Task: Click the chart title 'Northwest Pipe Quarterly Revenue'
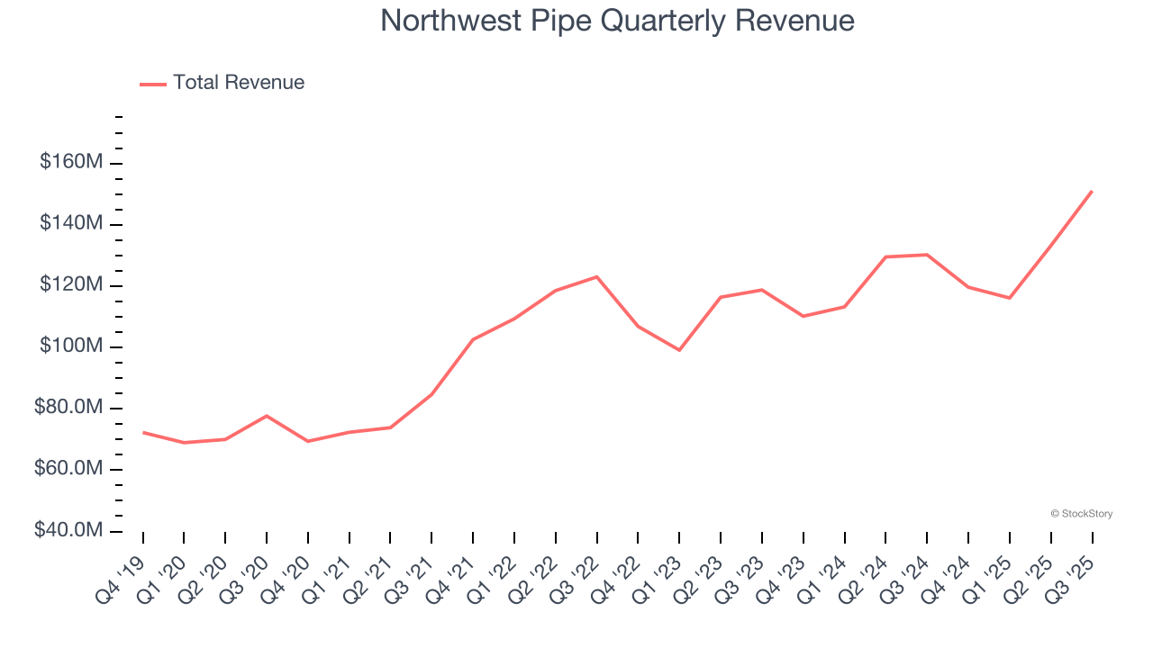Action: [x=617, y=21]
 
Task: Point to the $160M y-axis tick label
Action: [x=70, y=163]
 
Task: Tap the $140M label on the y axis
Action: [x=70, y=224]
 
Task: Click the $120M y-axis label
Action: [x=70, y=285]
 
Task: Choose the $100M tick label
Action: [x=70, y=346]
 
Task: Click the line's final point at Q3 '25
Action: [x=1092, y=191]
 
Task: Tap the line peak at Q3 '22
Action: [x=596, y=276]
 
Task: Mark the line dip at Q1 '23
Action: [x=679, y=350]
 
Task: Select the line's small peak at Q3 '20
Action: [x=267, y=416]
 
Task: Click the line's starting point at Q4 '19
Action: [x=143, y=432]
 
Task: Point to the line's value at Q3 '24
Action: [x=927, y=255]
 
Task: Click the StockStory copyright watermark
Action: [x=1082, y=514]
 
